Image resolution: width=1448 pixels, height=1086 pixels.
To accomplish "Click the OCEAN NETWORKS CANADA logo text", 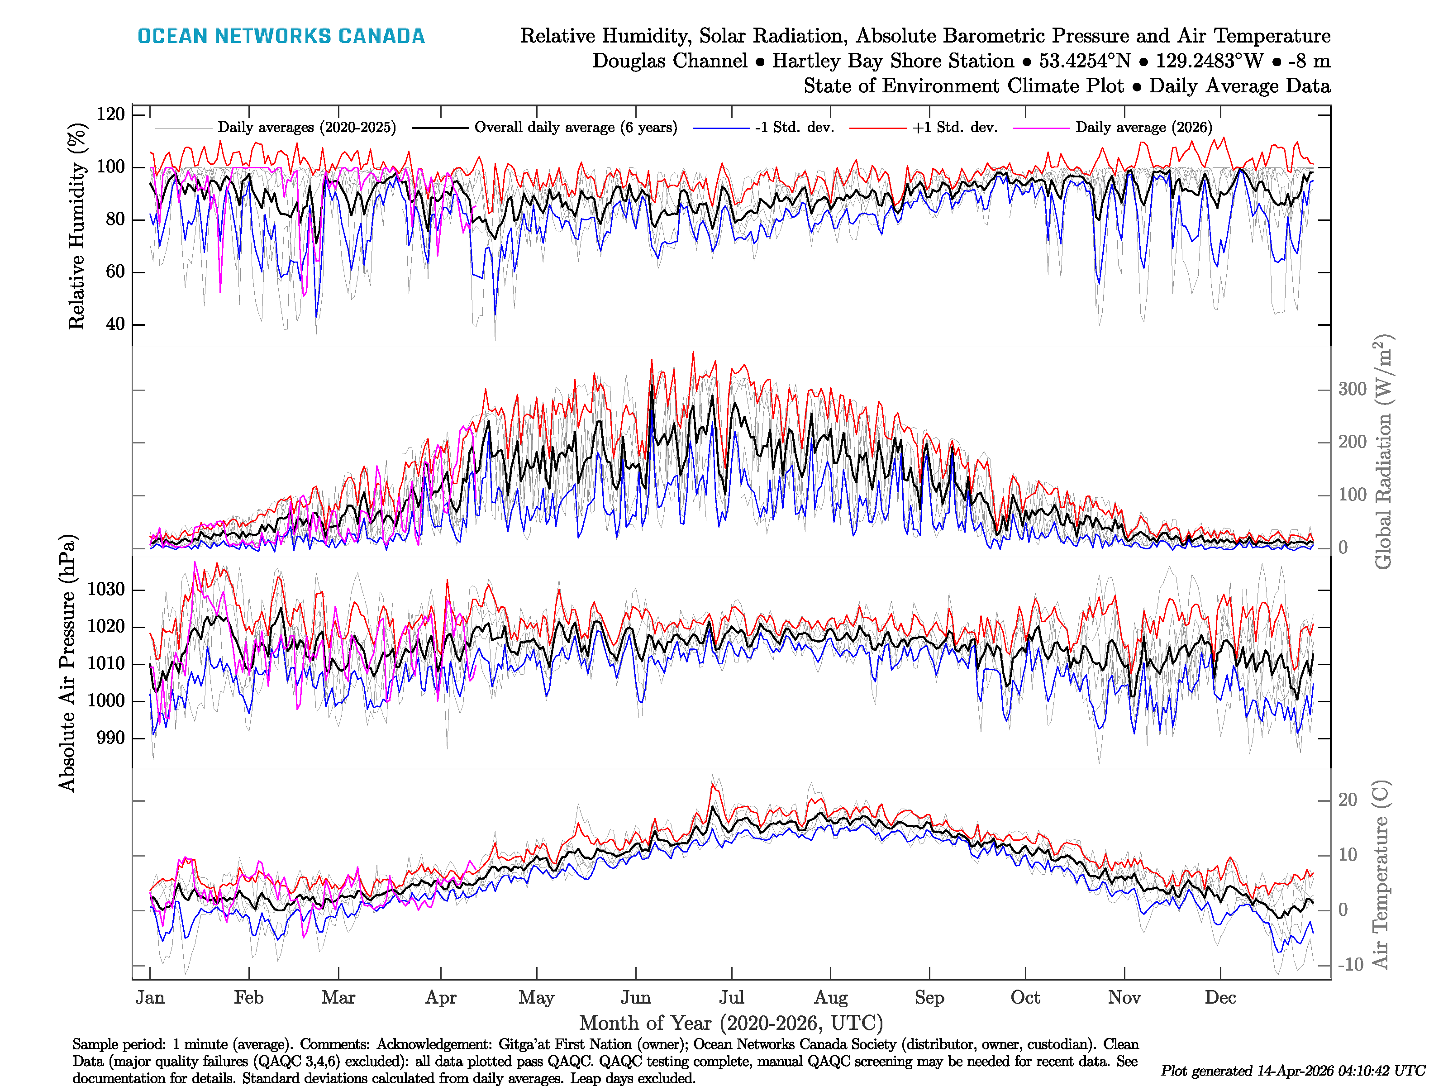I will tap(281, 36).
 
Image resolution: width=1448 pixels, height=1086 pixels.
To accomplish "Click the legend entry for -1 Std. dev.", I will tap(794, 128).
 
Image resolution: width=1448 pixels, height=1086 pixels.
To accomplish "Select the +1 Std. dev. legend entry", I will tap(954, 128).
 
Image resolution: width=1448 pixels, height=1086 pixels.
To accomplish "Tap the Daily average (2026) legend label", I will tap(1143, 128).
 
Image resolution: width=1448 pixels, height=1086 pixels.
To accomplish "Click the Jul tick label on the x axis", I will tap(731, 998).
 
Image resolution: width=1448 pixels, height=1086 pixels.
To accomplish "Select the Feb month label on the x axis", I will tap(249, 998).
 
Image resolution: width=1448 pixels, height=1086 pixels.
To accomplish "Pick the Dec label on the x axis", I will tap(1220, 998).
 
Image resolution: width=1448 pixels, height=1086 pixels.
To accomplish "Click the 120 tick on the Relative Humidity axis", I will tap(110, 114).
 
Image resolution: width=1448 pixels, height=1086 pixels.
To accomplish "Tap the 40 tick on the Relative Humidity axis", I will tap(115, 324).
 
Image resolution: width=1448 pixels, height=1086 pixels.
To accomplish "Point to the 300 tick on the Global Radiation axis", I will tap(1352, 390).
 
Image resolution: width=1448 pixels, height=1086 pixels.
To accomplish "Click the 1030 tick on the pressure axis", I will tap(106, 590).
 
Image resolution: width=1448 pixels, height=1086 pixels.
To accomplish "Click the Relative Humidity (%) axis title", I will tap(77, 226).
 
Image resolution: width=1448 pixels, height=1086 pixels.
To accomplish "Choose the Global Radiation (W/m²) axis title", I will tap(1382, 452).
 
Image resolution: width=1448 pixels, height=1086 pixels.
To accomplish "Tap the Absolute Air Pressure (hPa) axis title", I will tap(67, 663).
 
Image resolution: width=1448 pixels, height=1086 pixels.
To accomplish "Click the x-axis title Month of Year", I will tap(730, 1023).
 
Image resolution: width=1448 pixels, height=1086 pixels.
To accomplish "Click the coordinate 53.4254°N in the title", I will tap(1085, 61).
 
